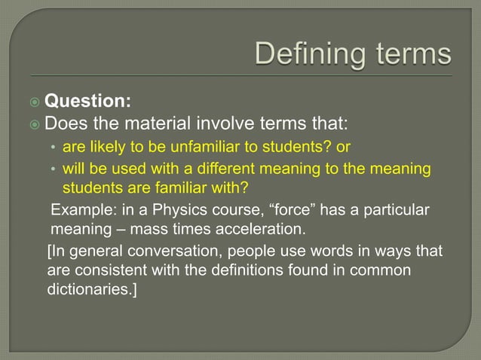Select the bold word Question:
coord(99,100)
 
